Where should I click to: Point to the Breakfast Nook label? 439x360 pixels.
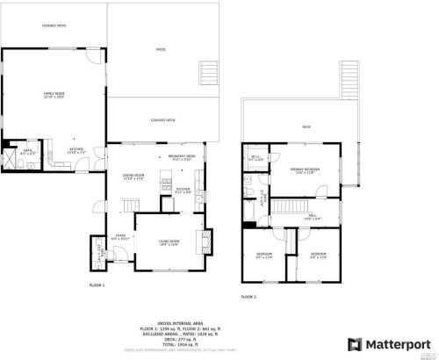tap(182, 158)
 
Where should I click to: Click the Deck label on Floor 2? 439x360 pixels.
tap(306, 127)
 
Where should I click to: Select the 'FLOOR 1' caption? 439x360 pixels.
tap(97, 286)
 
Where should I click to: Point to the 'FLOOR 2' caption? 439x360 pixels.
tap(248, 297)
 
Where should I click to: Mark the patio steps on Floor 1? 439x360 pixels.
tap(209, 72)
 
